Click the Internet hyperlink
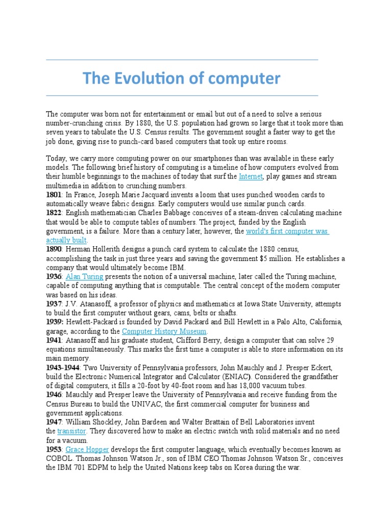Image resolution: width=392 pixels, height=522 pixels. click(x=250, y=176)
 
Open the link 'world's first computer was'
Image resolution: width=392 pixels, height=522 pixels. click(x=287, y=231)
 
